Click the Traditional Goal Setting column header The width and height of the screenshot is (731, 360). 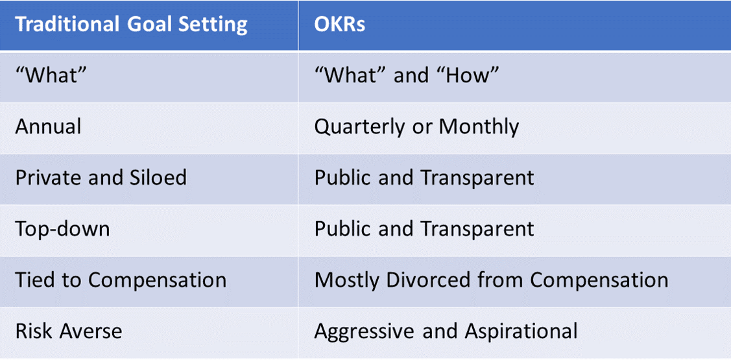click(x=131, y=25)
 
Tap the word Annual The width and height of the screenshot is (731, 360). click(x=49, y=126)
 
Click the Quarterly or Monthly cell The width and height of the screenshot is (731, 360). click(x=416, y=126)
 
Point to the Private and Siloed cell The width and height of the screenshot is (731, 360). click(x=101, y=177)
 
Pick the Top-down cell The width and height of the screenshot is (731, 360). click(x=62, y=228)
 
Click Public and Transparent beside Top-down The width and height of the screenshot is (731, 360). click(x=424, y=228)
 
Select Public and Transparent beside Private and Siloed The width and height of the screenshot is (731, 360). click(x=424, y=177)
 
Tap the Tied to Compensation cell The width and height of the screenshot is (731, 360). click(x=121, y=280)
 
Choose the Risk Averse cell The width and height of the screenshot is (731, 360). click(x=68, y=331)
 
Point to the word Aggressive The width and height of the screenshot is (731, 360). click(x=365, y=331)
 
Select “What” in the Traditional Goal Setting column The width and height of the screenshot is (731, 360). click(x=51, y=75)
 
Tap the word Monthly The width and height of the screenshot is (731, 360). click(x=479, y=126)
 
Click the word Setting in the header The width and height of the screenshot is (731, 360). click(x=214, y=25)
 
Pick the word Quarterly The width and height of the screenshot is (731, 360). click(x=364, y=126)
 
